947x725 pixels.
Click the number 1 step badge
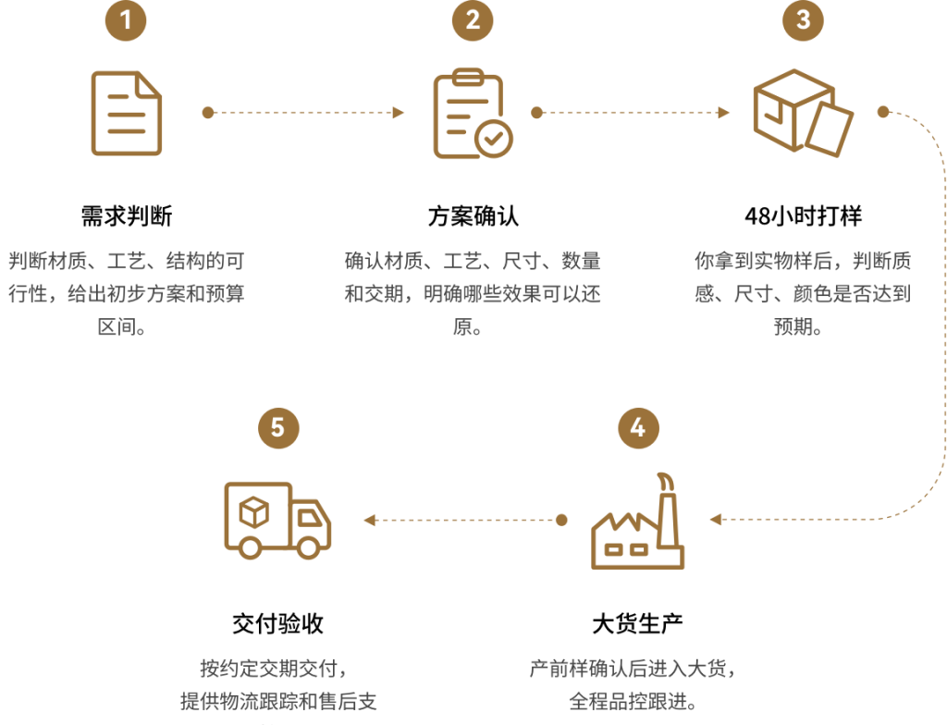(x=126, y=20)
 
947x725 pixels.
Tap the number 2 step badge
(x=473, y=20)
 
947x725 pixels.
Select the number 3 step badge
(x=804, y=20)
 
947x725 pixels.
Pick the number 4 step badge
(x=638, y=428)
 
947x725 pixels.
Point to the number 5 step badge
(x=278, y=428)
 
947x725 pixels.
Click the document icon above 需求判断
(x=126, y=113)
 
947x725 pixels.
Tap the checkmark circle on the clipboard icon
(x=494, y=139)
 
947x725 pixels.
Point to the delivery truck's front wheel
(x=308, y=547)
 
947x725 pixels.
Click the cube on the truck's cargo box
(x=253, y=513)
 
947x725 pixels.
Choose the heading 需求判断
(x=127, y=215)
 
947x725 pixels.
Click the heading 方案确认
(x=473, y=215)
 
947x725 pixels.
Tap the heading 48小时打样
(x=804, y=215)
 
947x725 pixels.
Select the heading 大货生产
(x=638, y=623)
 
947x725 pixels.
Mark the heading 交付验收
(x=278, y=623)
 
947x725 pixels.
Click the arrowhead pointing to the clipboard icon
(x=398, y=113)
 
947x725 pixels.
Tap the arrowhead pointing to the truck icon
(x=370, y=520)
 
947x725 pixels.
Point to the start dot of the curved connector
(x=883, y=112)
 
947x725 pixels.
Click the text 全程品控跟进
(x=633, y=702)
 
